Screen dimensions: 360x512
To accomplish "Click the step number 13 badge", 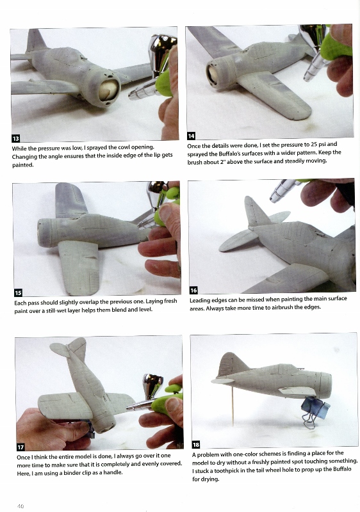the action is tap(15, 138).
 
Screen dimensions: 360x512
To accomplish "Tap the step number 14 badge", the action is tap(191, 136).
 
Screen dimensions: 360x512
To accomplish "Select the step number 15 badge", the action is tap(19, 292).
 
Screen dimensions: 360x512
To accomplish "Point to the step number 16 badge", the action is tap(193, 291).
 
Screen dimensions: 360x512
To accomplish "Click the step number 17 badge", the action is tap(20, 447).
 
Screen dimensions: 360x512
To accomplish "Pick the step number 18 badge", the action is tap(196, 444).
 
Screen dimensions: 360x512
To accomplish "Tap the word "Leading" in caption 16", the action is tap(200, 300).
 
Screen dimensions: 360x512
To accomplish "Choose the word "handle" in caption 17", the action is tap(113, 472).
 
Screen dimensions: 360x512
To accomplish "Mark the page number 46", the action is tap(20, 506).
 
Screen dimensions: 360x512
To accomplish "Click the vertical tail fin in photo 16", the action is tap(256, 211).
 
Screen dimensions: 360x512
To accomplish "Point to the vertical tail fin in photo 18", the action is tap(232, 365).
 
